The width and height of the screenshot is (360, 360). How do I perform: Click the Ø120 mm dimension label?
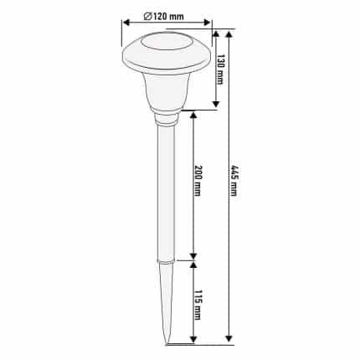click(163, 17)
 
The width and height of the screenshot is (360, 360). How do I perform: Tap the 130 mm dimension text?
click(220, 69)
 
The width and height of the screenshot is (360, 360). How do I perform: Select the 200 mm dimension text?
click(198, 181)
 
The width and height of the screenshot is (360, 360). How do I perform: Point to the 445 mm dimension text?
click(234, 181)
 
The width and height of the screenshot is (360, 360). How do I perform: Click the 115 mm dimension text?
click(198, 305)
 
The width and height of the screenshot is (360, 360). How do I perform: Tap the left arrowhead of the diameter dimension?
click(127, 23)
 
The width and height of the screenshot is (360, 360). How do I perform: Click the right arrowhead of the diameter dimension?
click(207, 23)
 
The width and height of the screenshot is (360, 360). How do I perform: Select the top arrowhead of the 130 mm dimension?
click(216, 33)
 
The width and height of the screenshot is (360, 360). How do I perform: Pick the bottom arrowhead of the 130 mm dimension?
click(216, 104)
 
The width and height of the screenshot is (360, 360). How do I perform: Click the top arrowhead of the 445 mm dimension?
click(229, 35)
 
